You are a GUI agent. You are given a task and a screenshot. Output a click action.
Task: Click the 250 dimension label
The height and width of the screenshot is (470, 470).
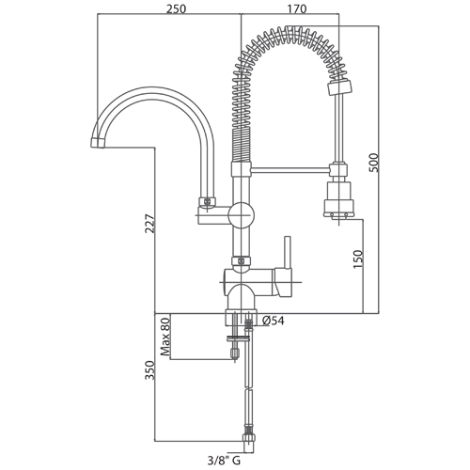click(x=176, y=9)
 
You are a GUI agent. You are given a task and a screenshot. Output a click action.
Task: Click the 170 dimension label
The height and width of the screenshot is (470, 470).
click(x=297, y=9)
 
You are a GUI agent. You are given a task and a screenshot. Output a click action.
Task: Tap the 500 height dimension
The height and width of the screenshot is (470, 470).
click(x=374, y=163)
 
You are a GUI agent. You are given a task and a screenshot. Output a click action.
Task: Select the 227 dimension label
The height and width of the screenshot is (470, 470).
click(x=149, y=224)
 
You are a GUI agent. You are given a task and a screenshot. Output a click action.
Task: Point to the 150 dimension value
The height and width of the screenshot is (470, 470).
click(x=358, y=258)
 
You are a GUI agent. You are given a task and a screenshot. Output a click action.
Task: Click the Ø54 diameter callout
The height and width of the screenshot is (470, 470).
click(x=274, y=321)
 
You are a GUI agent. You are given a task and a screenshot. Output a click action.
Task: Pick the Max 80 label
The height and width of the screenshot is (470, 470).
click(x=164, y=337)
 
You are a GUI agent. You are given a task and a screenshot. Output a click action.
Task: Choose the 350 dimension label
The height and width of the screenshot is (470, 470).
click(x=149, y=370)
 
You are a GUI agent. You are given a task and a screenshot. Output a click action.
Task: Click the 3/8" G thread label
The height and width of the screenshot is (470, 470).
click(x=224, y=461)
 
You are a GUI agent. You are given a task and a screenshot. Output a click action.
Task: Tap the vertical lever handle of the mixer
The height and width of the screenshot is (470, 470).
click(x=288, y=253)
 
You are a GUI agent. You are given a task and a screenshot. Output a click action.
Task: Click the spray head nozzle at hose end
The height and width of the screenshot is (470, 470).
click(x=338, y=199)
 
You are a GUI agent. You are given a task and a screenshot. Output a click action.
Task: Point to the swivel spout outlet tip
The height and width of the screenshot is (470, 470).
click(x=98, y=143)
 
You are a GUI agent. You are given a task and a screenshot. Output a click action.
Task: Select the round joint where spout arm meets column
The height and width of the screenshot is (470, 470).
click(x=241, y=215)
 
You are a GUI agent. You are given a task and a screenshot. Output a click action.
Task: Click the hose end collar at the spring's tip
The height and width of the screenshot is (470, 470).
click(x=339, y=87)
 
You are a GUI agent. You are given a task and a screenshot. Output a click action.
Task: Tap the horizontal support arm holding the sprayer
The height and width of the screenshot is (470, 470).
click(x=290, y=170)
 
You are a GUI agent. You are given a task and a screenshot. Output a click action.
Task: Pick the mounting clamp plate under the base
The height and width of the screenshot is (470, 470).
click(x=238, y=337)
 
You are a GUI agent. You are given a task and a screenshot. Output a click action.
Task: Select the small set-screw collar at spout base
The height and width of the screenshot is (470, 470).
click(x=207, y=201)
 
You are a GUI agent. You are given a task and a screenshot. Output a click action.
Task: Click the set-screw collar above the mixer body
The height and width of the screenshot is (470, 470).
click(x=242, y=260)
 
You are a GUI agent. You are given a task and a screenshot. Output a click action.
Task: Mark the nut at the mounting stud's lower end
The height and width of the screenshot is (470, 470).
click(x=235, y=353)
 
